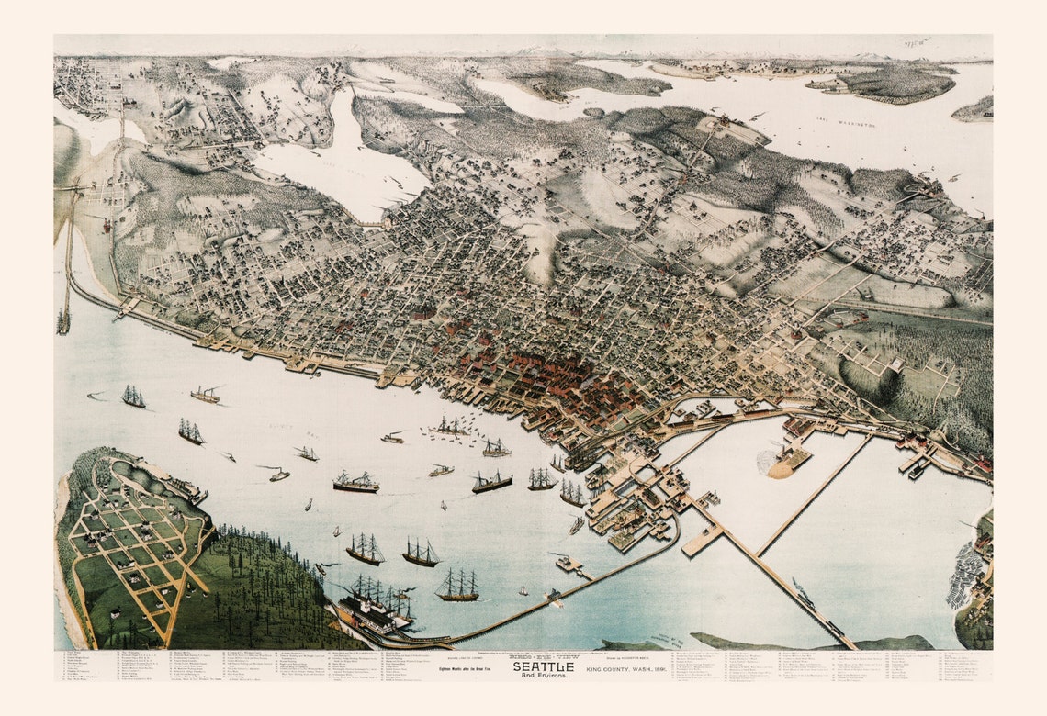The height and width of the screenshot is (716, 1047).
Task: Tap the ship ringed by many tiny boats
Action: click(449, 427)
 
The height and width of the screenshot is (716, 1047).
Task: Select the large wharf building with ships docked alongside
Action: click(372, 610)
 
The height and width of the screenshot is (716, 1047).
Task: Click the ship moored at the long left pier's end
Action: click(63, 320)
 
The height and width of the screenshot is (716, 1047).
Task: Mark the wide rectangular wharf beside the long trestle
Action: click(704, 541)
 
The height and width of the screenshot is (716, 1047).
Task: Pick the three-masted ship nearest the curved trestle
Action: click(456, 587)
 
